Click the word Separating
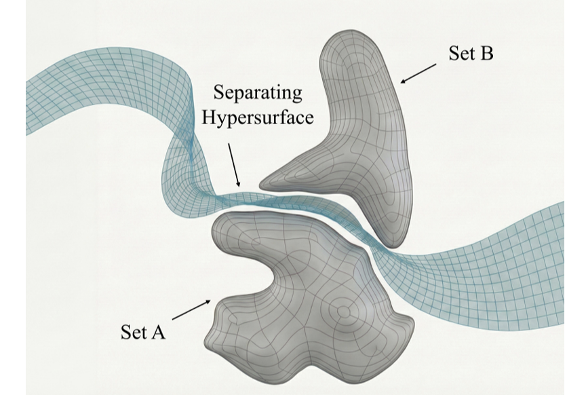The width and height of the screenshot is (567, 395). coord(259,92)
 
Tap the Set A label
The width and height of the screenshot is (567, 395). coord(143,332)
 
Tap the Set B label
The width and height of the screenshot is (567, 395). coord(471,54)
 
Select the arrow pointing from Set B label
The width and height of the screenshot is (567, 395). coord(419,73)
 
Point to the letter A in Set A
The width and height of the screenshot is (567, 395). coord(158,332)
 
